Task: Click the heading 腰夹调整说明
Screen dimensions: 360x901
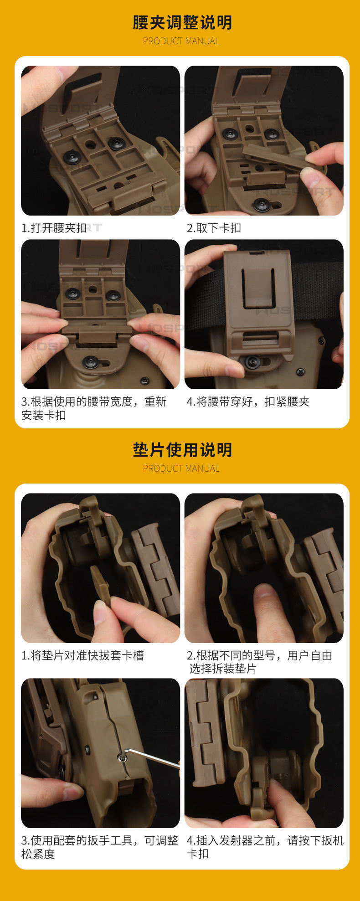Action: pyautogui.click(x=182, y=22)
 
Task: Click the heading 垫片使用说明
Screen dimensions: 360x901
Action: pyautogui.click(x=182, y=450)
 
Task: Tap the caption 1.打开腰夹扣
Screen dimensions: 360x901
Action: pyautogui.click(x=54, y=228)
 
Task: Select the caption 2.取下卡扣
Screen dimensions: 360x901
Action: pyautogui.click(x=214, y=228)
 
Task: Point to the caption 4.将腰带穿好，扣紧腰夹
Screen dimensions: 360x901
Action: pyautogui.click(x=248, y=402)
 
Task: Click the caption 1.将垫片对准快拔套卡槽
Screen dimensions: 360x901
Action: pyautogui.click(x=82, y=655)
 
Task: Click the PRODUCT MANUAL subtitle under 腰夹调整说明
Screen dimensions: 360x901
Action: pyautogui.click(x=181, y=41)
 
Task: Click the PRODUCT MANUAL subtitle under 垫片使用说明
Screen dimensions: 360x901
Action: pyautogui.click(x=181, y=469)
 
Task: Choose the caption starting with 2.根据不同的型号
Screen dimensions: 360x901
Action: pyautogui.click(x=260, y=662)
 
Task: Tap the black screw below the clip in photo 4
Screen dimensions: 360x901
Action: pyautogui.click(x=252, y=362)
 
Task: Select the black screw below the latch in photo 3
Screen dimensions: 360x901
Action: pyautogui.click(x=91, y=362)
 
